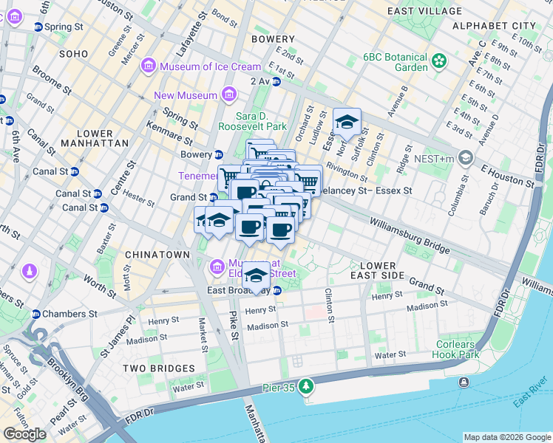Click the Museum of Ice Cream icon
(x=149, y=66)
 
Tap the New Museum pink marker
(x=228, y=95)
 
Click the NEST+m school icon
(x=466, y=157)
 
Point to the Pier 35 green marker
(x=306, y=385)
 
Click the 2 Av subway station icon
(x=276, y=81)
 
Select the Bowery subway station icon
(x=219, y=154)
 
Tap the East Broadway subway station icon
(x=276, y=289)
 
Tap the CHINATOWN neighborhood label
(x=157, y=254)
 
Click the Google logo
(x=24, y=434)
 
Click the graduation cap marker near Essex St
(x=346, y=123)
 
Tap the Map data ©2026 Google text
(x=506, y=437)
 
